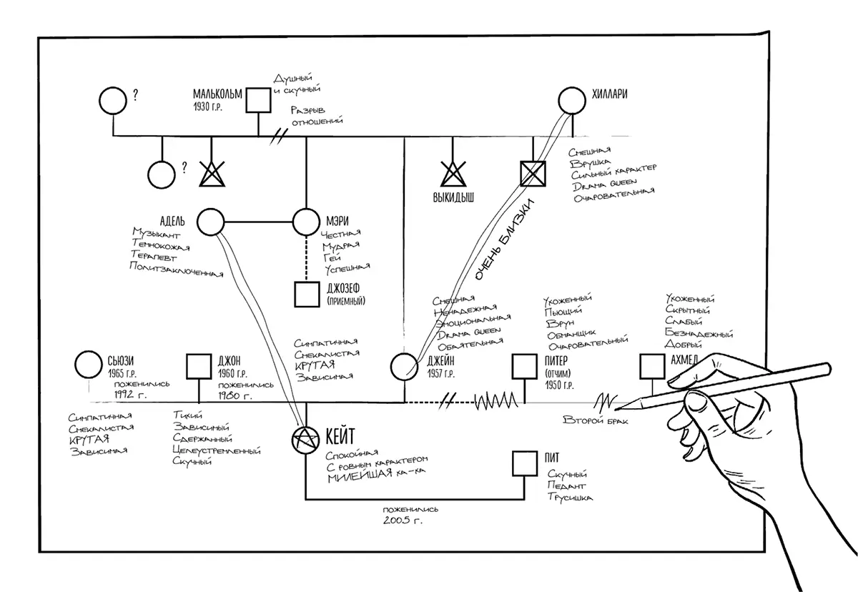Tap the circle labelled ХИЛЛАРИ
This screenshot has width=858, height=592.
tap(572, 100)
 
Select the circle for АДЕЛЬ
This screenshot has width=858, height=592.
tap(211, 222)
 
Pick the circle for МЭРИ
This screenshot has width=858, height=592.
tap(307, 222)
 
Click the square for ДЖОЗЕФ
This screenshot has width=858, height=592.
tap(307, 294)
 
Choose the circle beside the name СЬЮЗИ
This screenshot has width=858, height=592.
tap(89, 365)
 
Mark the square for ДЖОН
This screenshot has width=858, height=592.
tap(197, 366)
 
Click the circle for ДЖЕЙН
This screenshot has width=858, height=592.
tap(404, 366)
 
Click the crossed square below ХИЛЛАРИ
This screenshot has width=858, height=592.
tap(532, 173)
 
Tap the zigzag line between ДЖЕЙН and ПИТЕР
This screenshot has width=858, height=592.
tap(494, 403)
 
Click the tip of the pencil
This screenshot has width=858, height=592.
tap(616, 410)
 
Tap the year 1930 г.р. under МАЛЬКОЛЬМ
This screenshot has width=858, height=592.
tap(211, 107)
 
